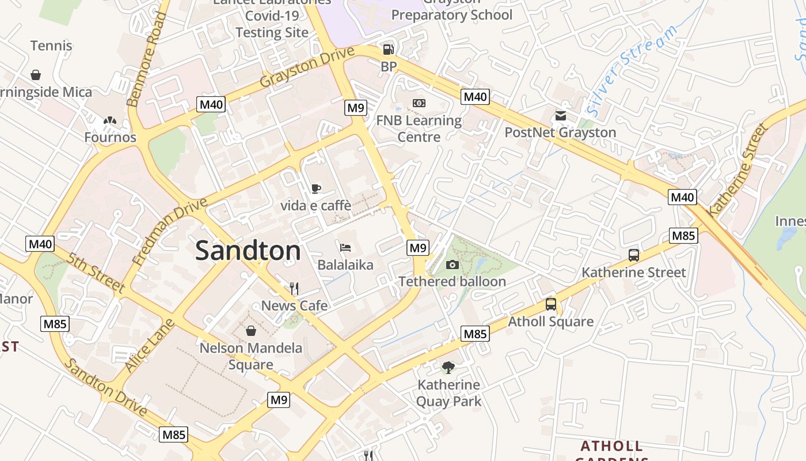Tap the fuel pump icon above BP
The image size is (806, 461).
pyautogui.click(x=389, y=50)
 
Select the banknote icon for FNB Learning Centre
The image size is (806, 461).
pyautogui.click(x=419, y=103)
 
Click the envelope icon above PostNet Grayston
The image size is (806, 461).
pyautogui.click(x=561, y=116)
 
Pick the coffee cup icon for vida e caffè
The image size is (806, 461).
pyautogui.click(x=315, y=188)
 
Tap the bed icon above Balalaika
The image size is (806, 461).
pyautogui.click(x=345, y=248)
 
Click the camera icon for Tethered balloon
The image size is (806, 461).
pyautogui.click(x=453, y=264)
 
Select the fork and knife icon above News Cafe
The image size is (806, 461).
pyautogui.click(x=294, y=288)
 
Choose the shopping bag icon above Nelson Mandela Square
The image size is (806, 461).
pyautogui.click(x=251, y=331)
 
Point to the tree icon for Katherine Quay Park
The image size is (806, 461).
pyautogui.click(x=448, y=367)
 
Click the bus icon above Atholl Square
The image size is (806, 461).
pyautogui.click(x=551, y=304)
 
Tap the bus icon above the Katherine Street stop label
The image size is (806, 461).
pyautogui.click(x=634, y=255)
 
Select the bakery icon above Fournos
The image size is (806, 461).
pyautogui.click(x=110, y=120)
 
